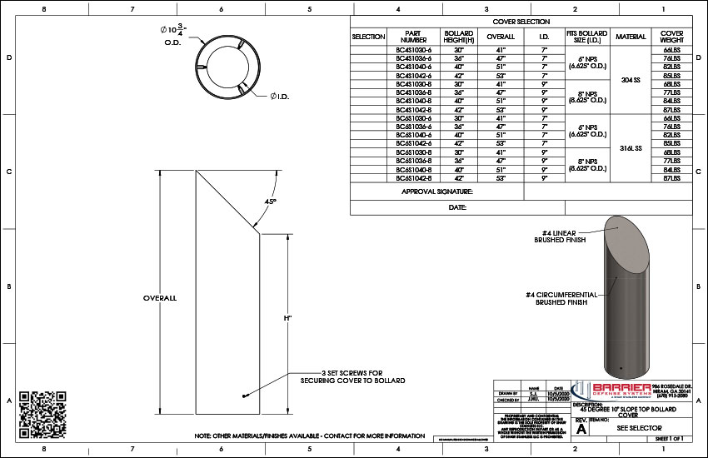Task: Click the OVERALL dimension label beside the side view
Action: click(160, 297)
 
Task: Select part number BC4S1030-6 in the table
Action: click(413, 49)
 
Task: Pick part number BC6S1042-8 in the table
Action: click(413, 178)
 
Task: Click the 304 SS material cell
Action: click(631, 80)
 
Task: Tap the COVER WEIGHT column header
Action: click(671, 37)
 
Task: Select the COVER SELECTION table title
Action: click(521, 22)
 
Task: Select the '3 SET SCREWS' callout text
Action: click(352, 376)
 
